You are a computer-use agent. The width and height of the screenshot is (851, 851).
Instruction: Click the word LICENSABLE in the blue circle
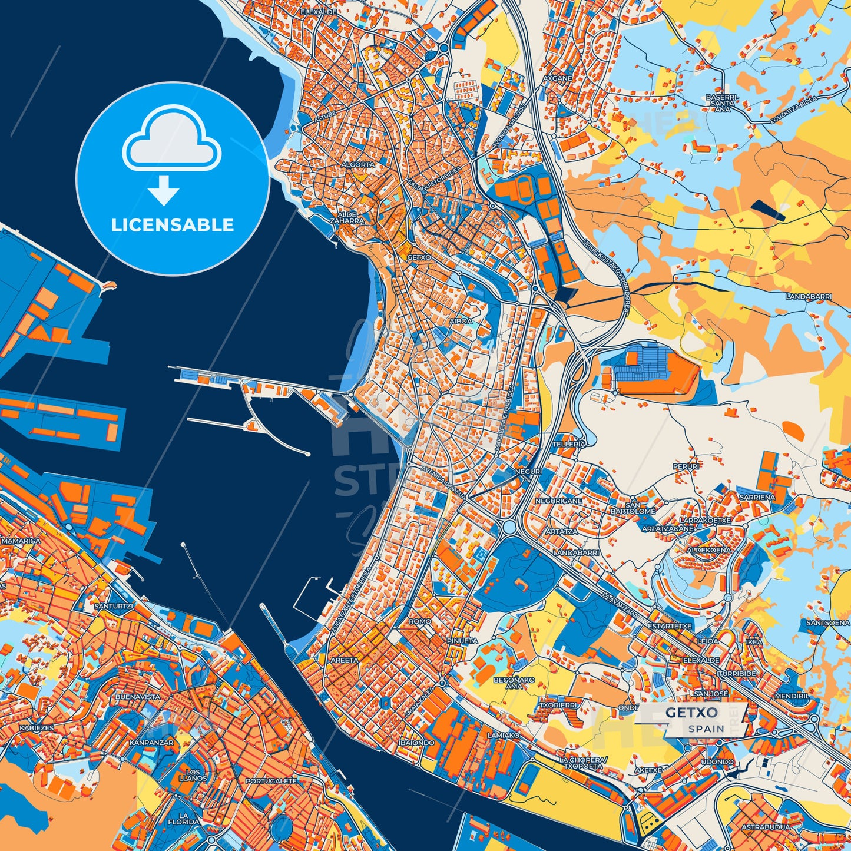pyautogui.click(x=173, y=225)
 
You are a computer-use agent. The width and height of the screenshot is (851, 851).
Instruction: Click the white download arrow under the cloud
pyautogui.click(x=164, y=190)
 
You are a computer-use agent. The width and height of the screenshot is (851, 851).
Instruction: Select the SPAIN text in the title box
pyautogui.click(x=707, y=729)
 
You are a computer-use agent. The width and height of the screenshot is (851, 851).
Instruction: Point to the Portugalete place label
pyautogui.click(x=271, y=781)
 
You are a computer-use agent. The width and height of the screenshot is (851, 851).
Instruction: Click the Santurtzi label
pyautogui.click(x=114, y=606)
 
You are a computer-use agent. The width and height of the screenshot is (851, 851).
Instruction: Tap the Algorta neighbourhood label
pyautogui.click(x=357, y=165)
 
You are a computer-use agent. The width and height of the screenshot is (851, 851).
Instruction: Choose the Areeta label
pyautogui.click(x=344, y=660)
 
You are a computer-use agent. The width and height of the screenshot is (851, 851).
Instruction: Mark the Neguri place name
pyautogui.click(x=527, y=472)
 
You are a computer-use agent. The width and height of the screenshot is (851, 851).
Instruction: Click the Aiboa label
pyautogui.click(x=461, y=321)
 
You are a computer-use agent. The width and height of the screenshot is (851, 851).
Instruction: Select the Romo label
pyautogui.click(x=420, y=621)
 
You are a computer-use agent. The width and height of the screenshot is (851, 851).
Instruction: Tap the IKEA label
pyautogui.click(x=754, y=642)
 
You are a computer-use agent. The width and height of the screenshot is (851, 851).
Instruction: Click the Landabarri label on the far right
pyautogui.click(x=809, y=297)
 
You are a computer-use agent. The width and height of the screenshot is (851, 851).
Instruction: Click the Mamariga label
pyautogui.click(x=21, y=541)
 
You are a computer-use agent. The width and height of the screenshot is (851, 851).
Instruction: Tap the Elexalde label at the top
pyautogui.click(x=319, y=11)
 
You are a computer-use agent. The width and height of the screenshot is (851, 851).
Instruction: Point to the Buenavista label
pyautogui.click(x=138, y=697)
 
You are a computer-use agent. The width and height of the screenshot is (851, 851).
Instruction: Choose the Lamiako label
pyautogui.click(x=504, y=735)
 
